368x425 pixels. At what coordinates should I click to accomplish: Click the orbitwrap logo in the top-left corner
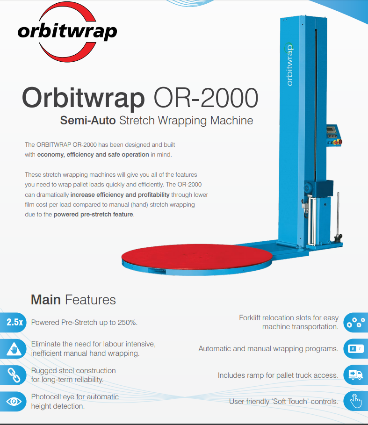tap(67, 32)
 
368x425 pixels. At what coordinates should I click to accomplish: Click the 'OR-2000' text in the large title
tap(206, 98)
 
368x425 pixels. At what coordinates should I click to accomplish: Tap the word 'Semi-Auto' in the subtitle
tap(88, 120)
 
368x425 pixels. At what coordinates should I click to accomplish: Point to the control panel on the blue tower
tap(334, 135)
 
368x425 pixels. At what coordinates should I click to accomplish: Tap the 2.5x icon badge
tap(14, 322)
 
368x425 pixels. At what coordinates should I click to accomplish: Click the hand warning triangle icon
tap(14, 349)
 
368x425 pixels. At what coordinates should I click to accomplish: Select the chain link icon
tap(14, 375)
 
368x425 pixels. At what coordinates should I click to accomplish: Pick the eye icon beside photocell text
tap(14, 402)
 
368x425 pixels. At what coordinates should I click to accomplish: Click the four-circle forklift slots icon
tap(355, 322)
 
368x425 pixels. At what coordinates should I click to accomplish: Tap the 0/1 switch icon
tap(355, 349)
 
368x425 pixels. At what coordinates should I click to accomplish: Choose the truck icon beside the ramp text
tap(355, 375)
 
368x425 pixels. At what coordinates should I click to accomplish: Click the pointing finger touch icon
tap(355, 401)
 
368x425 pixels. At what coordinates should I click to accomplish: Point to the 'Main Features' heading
tap(73, 300)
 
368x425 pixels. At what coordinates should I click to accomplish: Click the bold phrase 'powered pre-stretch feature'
tap(94, 215)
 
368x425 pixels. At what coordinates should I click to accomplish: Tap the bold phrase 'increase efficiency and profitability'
tap(120, 195)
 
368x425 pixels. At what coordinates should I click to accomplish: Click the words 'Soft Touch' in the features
tap(289, 402)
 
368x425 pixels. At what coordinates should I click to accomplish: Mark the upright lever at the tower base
tap(338, 217)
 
